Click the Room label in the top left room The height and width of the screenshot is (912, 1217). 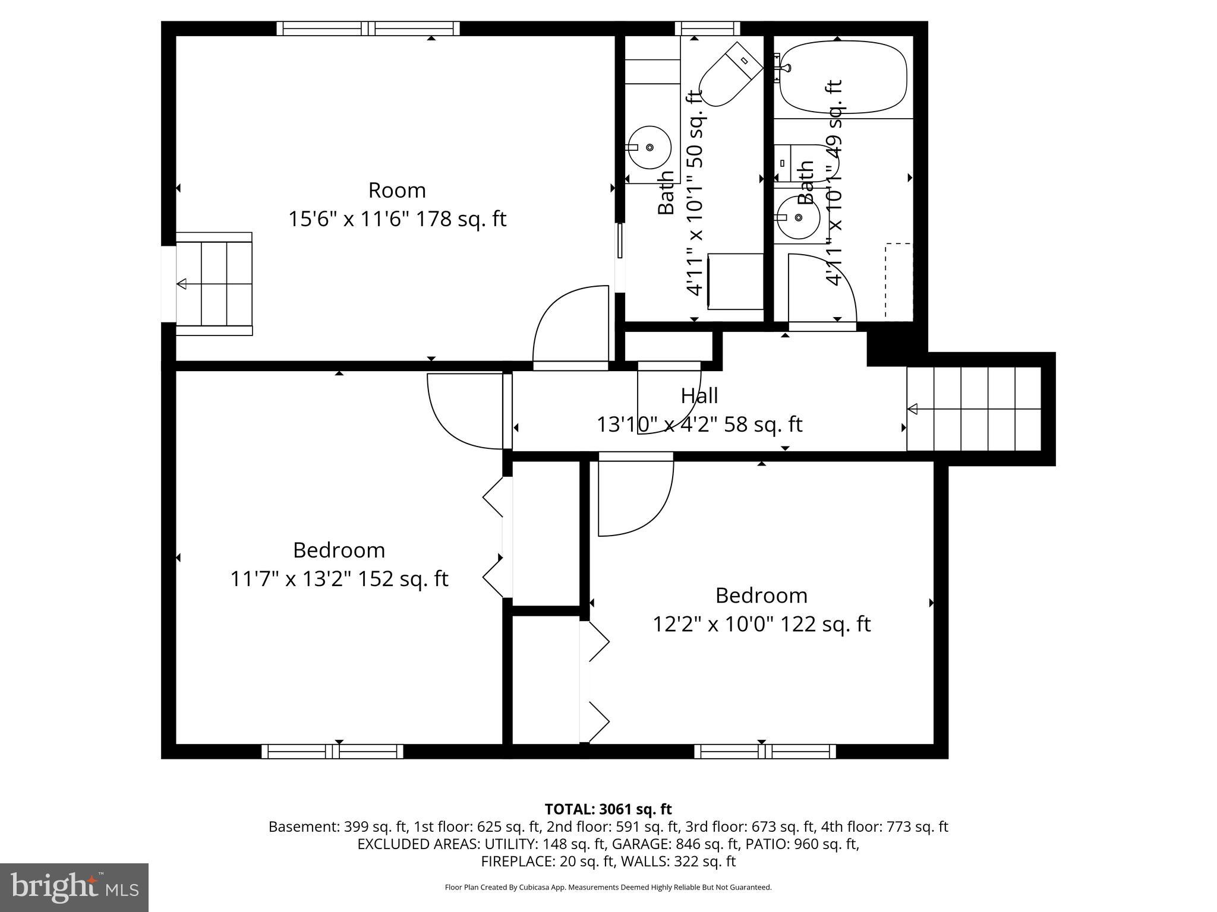[397, 191]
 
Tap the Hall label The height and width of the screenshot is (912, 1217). [699, 396]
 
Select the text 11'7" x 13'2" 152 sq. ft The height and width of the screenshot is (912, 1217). [339, 579]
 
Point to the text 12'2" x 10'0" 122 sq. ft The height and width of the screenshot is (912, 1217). [761, 625]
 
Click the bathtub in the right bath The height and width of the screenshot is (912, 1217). [843, 77]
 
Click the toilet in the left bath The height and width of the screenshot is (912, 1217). [730, 75]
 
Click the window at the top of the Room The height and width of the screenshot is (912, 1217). [368, 28]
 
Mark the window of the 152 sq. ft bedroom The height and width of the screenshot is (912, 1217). [333, 752]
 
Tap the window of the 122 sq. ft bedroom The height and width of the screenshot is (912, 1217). [765, 752]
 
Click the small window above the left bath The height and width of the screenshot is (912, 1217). [707, 28]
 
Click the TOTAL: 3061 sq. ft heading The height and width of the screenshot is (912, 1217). [608, 809]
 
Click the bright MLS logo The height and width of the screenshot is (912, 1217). [74, 887]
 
